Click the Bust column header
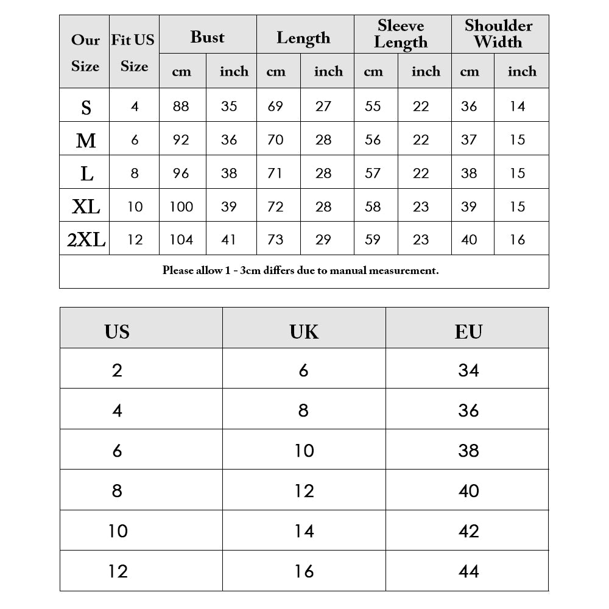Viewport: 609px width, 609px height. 207,37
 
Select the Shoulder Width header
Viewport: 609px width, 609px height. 498,34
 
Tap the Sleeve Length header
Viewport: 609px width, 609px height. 401,34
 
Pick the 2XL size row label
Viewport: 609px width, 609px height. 86,240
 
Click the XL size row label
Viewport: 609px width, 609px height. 86,207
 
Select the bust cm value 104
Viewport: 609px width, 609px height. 181,240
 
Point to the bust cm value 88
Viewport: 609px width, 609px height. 181,107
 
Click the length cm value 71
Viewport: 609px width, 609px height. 275,174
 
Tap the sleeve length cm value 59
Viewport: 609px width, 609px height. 373,240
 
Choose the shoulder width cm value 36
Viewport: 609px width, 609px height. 469,107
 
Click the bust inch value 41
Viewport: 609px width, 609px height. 229,240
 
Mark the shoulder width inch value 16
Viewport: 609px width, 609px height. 518,240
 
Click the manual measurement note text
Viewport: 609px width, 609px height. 300,270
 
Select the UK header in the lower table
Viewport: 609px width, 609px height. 304,331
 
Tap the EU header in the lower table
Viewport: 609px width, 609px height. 468,331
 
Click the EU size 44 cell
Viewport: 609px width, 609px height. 468,571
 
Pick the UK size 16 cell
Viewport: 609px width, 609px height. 304,571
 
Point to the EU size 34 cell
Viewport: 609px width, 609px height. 468,370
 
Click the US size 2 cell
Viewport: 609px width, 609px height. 117,370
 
